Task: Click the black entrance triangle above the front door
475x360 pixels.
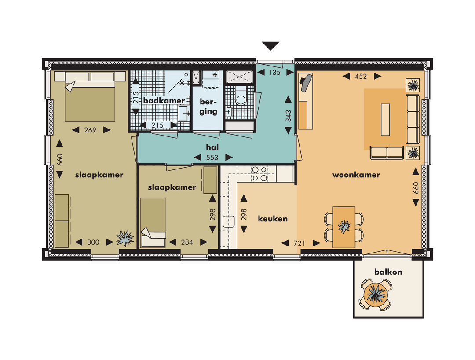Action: tap(270, 46)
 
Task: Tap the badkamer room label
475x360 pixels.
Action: tap(157, 101)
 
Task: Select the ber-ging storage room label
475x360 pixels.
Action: tap(208, 107)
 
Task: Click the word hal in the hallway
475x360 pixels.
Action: tap(212, 147)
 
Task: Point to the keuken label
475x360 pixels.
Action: tap(273, 218)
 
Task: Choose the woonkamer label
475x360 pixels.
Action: tap(356, 175)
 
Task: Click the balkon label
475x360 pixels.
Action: tap(388, 272)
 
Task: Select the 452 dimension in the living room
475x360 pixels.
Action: tap(361, 76)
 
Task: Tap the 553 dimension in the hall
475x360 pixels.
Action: tap(212, 158)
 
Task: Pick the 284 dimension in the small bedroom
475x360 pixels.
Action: tap(188, 242)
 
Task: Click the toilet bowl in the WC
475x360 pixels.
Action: tap(241, 99)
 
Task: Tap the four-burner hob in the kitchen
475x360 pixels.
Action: tap(258, 174)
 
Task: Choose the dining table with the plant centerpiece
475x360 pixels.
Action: tap(344, 227)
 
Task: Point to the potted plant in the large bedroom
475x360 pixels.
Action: tap(125, 238)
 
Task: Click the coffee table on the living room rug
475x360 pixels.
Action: tap(385, 119)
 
